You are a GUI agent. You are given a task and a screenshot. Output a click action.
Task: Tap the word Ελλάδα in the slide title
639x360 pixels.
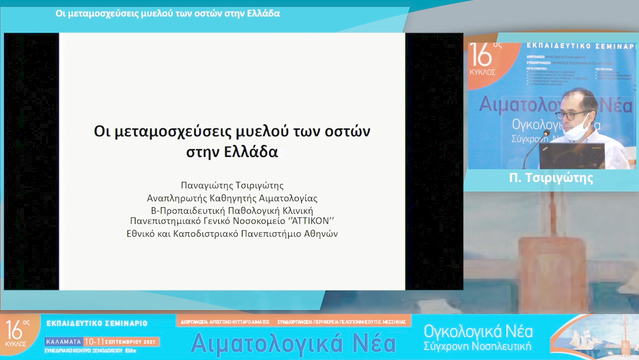(252, 151)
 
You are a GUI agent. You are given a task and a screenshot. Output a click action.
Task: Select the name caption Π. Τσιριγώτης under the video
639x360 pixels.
(551, 178)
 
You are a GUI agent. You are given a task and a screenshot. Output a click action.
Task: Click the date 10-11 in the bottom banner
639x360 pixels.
(96, 342)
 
